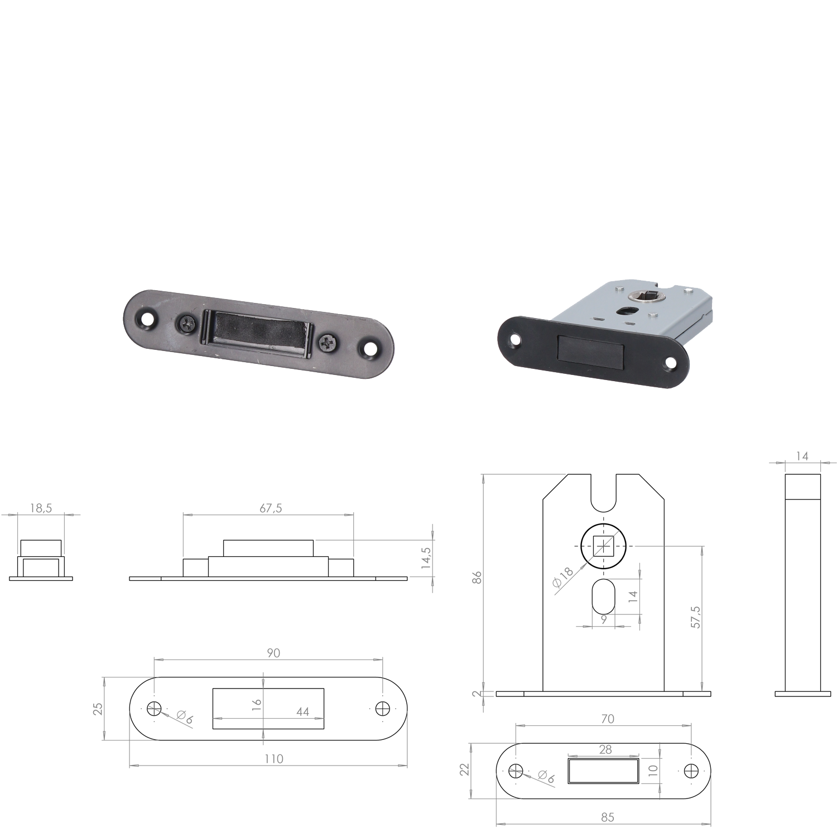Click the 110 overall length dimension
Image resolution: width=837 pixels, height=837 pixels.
(x=274, y=759)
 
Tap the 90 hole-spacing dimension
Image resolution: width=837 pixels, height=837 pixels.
(x=273, y=653)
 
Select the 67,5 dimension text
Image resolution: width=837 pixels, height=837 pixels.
(x=271, y=508)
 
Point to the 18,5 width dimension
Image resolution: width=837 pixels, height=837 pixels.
(x=41, y=508)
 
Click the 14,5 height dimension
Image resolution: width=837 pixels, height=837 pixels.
(x=426, y=558)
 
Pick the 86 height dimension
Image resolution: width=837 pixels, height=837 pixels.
(x=477, y=578)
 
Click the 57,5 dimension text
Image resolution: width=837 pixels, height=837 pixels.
(x=696, y=617)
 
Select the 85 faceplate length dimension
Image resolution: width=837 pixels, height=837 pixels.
(x=608, y=817)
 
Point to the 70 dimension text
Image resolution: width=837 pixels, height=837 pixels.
(x=608, y=719)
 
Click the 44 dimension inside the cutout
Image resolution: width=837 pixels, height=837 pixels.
(x=302, y=712)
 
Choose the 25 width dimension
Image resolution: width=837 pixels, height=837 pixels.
(x=98, y=709)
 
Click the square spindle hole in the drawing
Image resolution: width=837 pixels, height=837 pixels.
(x=604, y=546)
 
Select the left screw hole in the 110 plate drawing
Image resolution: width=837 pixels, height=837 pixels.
(x=155, y=709)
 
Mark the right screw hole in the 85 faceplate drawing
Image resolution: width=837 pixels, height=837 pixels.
(x=691, y=771)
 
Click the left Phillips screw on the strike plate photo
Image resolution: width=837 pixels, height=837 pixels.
(x=187, y=323)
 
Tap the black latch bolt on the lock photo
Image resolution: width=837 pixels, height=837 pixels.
(x=590, y=350)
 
